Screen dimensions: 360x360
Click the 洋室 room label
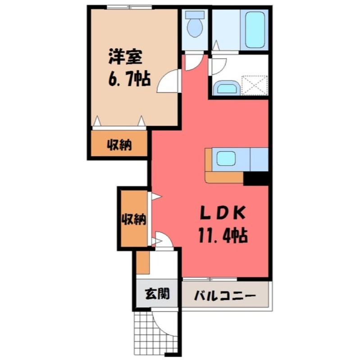125,58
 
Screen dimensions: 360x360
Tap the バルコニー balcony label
225,296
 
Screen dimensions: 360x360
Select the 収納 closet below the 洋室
119,145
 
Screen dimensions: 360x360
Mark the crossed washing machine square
255,85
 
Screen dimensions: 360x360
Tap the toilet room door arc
193,62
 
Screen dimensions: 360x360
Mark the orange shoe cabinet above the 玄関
143,263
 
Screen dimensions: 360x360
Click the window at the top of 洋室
129,7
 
